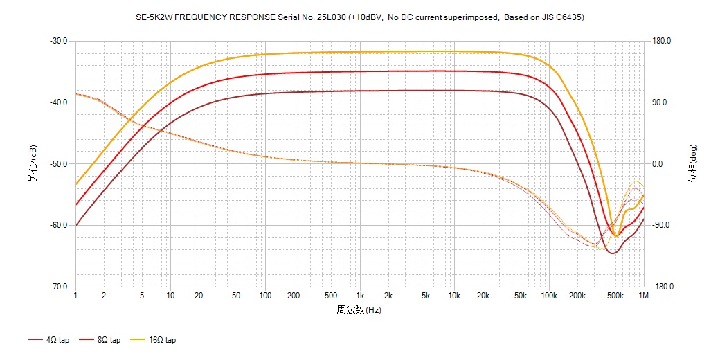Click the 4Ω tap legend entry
(48, 340)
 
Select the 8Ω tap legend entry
(100, 340)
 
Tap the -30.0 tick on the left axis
(58, 41)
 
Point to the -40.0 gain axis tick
(58, 102)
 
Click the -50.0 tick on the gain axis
(58, 164)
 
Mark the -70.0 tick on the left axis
(58, 287)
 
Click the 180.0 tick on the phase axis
(663, 41)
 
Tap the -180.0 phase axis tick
(664, 287)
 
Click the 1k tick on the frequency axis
(359, 296)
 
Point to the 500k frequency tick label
(615, 296)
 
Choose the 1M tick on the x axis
(644, 296)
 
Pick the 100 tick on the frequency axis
(265, 296)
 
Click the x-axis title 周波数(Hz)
(359, 309)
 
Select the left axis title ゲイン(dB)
(33, 164)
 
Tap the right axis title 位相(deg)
(693, 164)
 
